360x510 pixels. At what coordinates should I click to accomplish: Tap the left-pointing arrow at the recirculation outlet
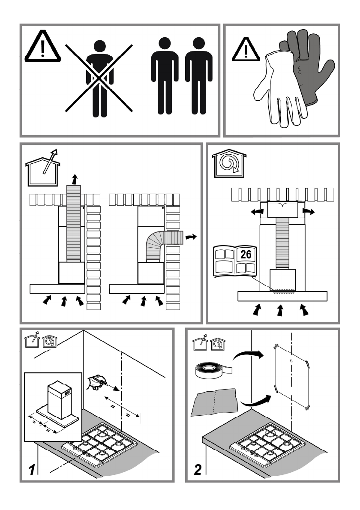pyautogui.click(x=256, y=211)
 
